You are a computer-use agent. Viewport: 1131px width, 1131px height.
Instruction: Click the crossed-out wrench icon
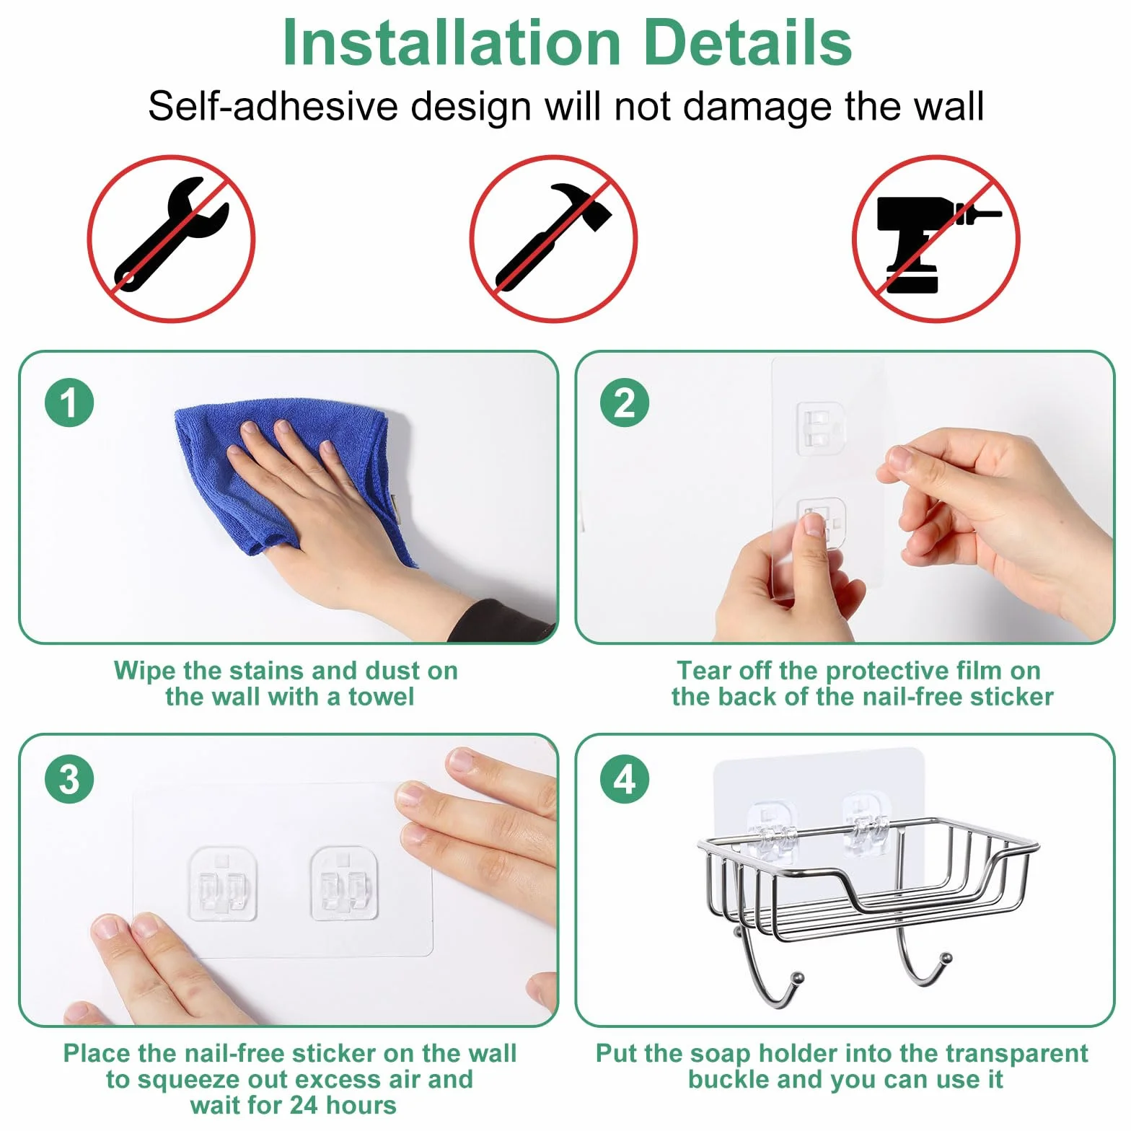(x=171, y=239)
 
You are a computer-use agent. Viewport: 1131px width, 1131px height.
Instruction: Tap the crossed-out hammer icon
(x=553, y=239)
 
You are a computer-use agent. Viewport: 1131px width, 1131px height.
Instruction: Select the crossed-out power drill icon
(x=936, y=239)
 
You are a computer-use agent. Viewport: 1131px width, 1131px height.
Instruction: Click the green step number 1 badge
(x=69, y=402)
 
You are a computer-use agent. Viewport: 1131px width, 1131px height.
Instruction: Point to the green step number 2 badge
(x=625, y=402)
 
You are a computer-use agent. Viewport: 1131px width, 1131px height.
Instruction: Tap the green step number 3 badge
(x=69, y=779)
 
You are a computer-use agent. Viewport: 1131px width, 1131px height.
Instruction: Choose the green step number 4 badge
(x=625, y=779)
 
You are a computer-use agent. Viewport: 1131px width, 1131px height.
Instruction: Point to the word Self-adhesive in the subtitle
(x=273, y=106)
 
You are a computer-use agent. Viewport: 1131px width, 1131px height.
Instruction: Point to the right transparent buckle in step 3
(x=345, y=884)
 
